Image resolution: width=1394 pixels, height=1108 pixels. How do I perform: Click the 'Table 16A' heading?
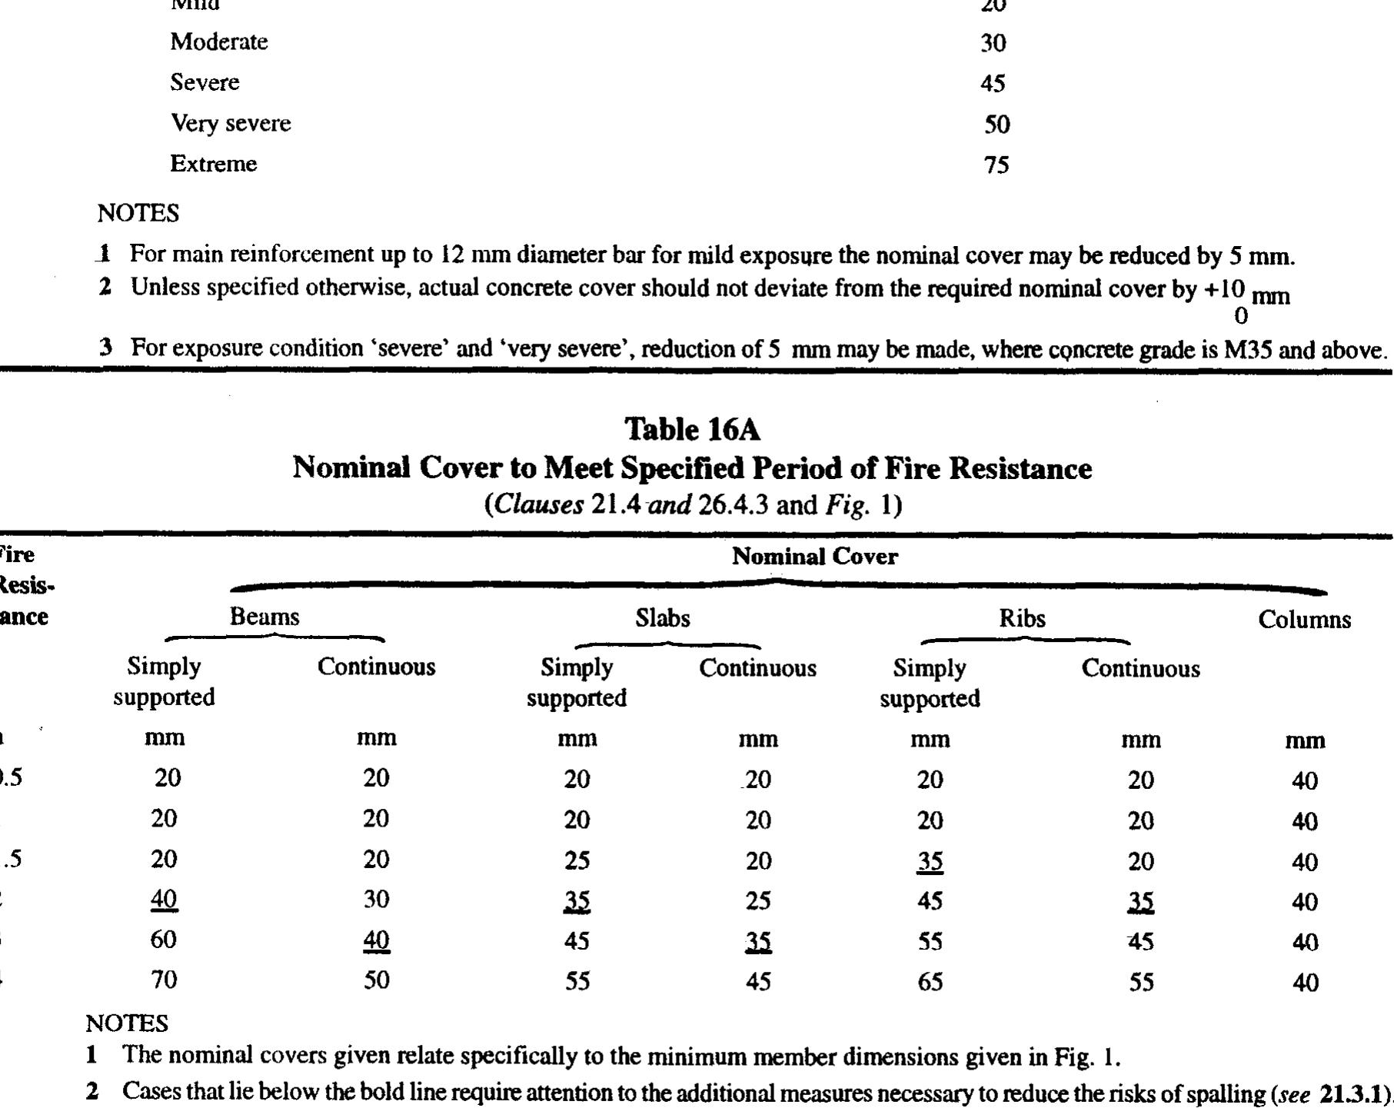coord(692,430)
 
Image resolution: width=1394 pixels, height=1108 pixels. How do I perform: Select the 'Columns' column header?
coord(1304,620)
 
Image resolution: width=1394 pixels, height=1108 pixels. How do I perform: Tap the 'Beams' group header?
coord(264,617)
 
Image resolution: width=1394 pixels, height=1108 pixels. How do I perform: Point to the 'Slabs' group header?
coord(662,618)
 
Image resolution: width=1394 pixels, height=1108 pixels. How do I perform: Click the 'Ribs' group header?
coord(1022,618)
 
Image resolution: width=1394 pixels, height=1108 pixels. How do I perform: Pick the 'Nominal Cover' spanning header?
coord(814,557)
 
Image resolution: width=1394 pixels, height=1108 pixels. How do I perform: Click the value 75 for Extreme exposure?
coord(996,165)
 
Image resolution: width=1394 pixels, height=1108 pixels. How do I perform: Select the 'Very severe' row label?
coord(231,123)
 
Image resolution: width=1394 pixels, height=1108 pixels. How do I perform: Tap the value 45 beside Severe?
coord(993,83)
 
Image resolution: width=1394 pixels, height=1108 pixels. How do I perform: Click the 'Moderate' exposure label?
coord(219,42)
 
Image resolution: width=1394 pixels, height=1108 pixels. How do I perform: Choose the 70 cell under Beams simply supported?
coord(164,980)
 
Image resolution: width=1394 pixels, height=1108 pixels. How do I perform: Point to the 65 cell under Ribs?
coord(930,982)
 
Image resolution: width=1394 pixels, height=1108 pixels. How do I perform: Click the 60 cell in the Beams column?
coord(164,939)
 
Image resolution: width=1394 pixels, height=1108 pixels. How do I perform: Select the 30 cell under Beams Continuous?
coord(376,899)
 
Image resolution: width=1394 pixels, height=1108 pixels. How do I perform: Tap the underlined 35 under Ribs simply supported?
coord(930,861)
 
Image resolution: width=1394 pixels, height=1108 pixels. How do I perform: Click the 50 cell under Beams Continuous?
coord(376,980)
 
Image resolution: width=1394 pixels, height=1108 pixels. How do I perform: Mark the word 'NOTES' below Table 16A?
coord(127,1023)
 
